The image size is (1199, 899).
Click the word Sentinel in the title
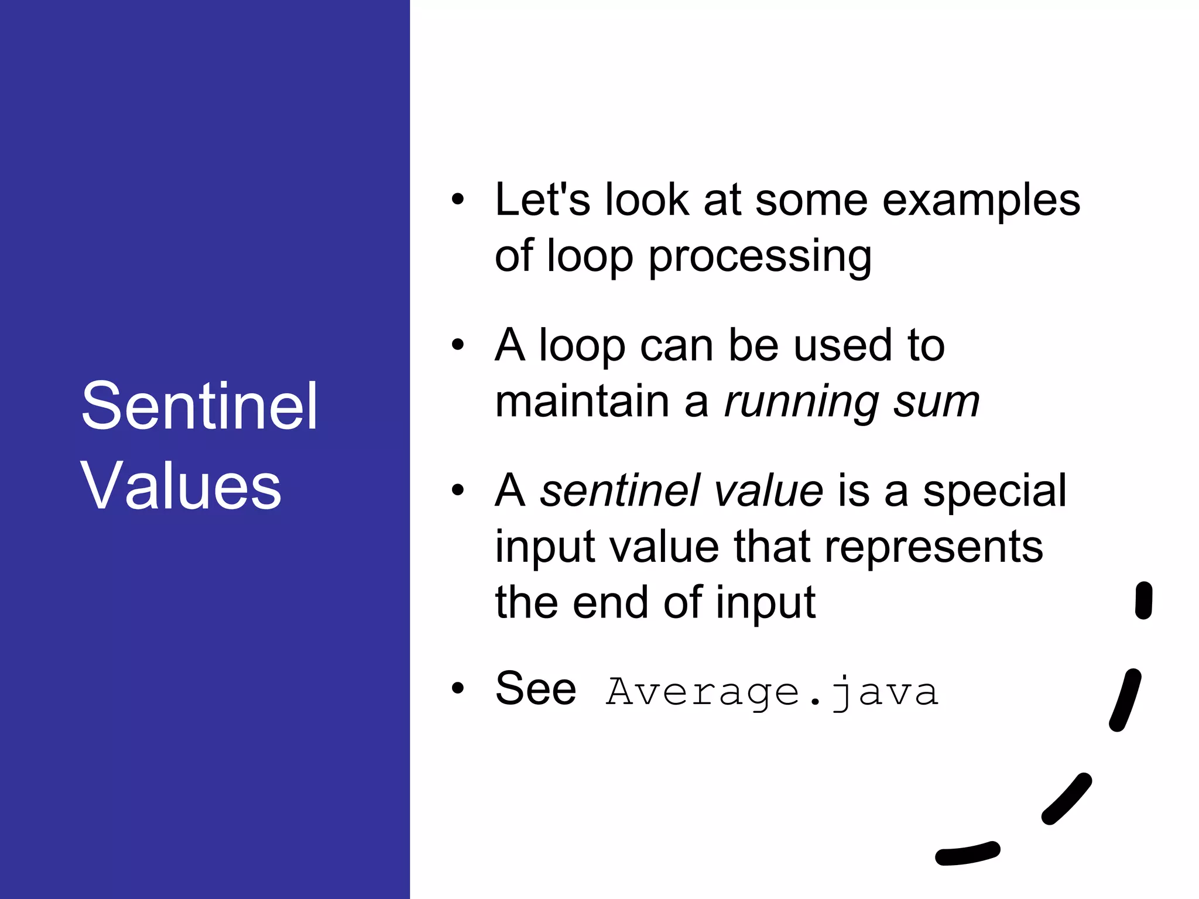tap(199, 406)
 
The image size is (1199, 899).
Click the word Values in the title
tap(181, 486)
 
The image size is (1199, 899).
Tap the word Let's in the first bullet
tap(542, 200)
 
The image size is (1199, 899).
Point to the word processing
tap(759, 258)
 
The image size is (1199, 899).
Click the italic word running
tap(801, 403)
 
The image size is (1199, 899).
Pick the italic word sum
tap(936, 403)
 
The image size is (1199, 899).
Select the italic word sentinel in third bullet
tap(619, 490)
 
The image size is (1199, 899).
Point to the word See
tap(535, 689)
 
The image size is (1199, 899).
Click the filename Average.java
tap(772, 692)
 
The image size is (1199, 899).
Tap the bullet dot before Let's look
tap(458, 200)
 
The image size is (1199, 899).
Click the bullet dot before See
tap(458, 688)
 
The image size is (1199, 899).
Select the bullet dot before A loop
tap(458, 345)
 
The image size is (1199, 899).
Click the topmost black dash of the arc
tap(1143, 600)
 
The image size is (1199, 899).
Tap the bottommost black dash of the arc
tap(967, 853)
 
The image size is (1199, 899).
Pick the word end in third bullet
tap(610, 603)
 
